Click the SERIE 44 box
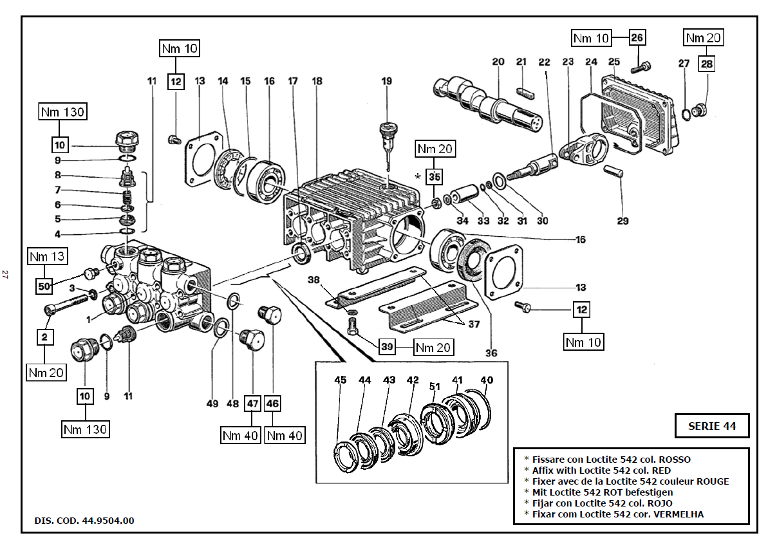711,425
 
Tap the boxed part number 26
637,38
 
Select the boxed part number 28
707,64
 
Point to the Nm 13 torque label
47,257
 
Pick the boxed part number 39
387,347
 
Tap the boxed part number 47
252,404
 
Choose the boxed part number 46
273,404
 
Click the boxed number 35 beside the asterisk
435,176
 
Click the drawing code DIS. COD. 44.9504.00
84,521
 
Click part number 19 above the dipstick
386,82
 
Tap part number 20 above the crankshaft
498,62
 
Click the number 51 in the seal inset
435,387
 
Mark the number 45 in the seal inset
340,380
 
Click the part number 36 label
492,353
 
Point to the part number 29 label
622,221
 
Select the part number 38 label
314,280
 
